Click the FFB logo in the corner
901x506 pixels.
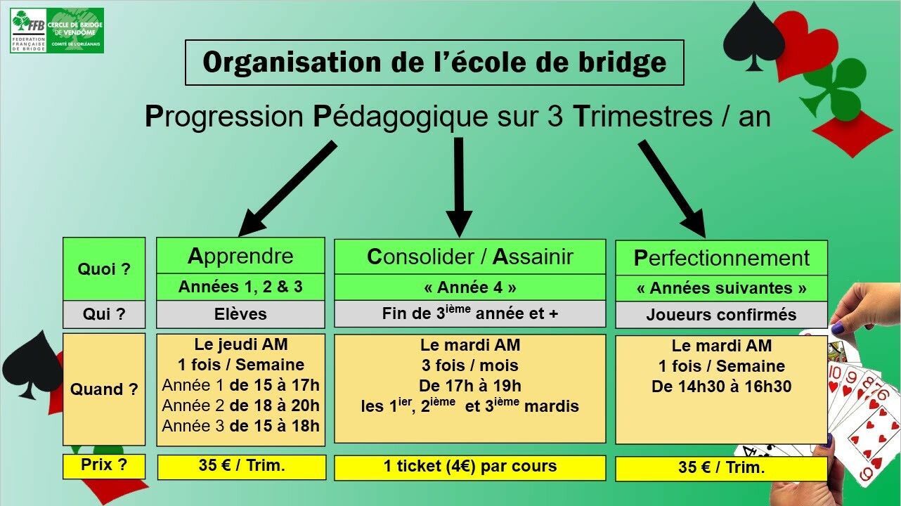point(57,30)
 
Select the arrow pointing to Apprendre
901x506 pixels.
point(287,188)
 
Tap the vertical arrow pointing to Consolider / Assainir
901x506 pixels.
point(459,187)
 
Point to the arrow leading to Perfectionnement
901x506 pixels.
point(672,188)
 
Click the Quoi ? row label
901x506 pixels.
point(104,268)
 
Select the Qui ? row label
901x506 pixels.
point(104,314)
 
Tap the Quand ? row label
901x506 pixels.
point(104,389)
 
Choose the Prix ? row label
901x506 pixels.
point(104,466)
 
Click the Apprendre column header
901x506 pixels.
point(240,256)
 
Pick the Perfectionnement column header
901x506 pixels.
point(722,258)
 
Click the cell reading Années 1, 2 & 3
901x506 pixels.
point(240,287)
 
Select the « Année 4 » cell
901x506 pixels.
point(469,287)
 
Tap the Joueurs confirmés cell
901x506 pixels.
point(722,315)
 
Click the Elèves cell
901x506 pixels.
point(240,314)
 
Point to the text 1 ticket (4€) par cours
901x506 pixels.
point(469,466)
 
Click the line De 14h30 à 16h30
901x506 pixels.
point(722,387)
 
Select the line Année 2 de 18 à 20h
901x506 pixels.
point(240,406)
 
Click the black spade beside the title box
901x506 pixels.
point(754,37)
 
